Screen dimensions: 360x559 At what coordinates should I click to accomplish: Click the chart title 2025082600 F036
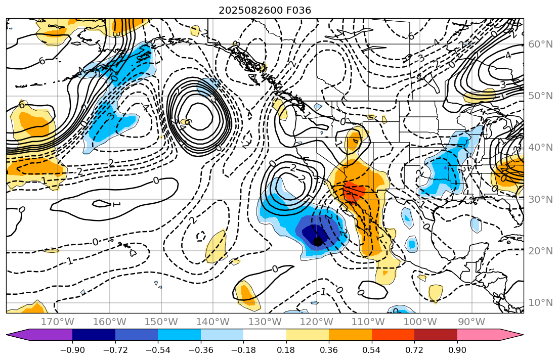pos(265,10)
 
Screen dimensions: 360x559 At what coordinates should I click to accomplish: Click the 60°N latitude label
pos(540,44)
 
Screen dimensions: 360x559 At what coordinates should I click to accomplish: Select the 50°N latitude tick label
pos(540,96)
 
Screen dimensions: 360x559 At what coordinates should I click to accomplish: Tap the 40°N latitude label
pos(540,147)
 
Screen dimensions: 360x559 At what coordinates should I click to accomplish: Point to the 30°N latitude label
pos(540,199)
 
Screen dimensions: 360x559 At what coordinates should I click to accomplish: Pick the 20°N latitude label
pos(540,251)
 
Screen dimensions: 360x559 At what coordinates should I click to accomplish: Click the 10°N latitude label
pos(540,302)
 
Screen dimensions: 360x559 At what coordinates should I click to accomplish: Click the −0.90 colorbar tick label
pos(72,350)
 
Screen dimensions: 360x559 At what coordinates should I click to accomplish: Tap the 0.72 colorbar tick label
pos(414,350)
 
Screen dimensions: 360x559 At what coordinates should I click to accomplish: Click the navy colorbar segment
pos(94,335)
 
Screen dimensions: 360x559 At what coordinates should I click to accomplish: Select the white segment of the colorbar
pos(265,335)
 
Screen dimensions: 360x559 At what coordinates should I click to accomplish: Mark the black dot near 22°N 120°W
pos(317,242)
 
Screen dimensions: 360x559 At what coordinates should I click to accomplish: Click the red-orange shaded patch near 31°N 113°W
pos(353,191)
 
